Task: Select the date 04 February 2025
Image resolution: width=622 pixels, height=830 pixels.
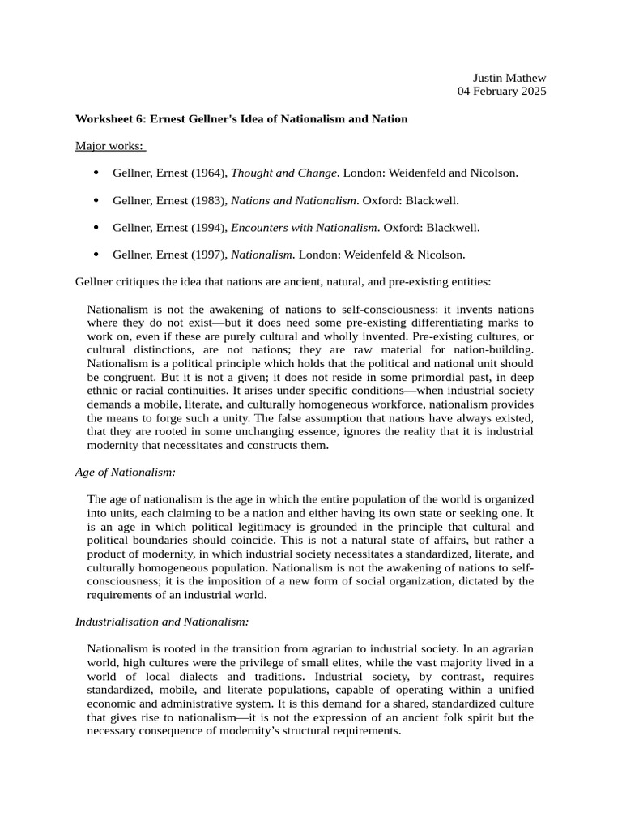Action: pos(502,91)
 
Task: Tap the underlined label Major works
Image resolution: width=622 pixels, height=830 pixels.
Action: pos(109,146)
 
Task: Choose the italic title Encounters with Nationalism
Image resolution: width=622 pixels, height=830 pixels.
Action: pos(305,228)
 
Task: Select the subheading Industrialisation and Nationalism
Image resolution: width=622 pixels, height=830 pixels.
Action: pos(162,622)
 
